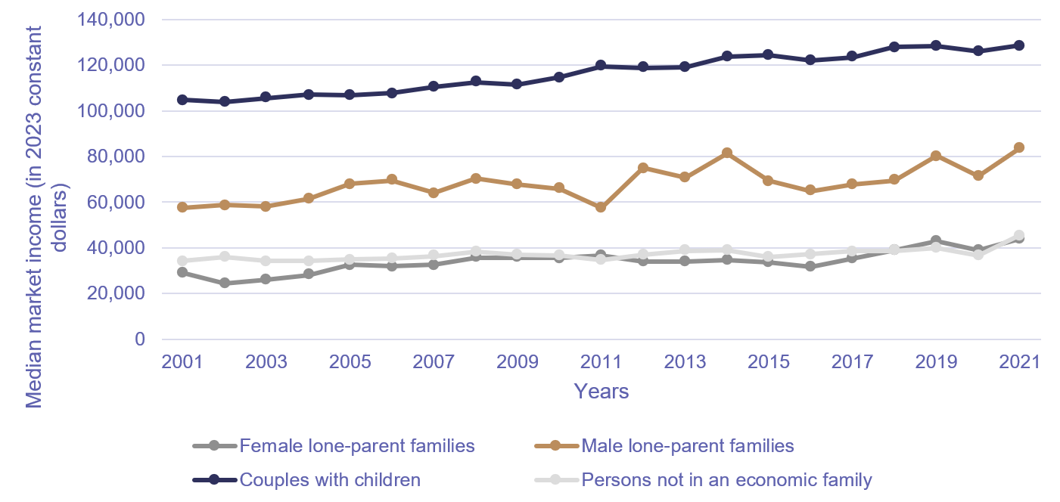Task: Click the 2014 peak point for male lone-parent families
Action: click(726, 153)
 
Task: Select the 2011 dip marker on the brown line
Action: click(601, 207)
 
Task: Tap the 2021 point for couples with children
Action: click(1018, 45)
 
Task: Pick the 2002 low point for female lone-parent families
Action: click(224, 283)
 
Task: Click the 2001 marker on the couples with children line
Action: click(182, 100)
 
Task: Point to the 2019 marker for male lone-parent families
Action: click(935, 156)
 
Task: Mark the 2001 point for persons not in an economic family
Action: click(182, 260)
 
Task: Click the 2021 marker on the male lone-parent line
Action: click(1018, 147)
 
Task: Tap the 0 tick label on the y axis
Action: click(139, 339)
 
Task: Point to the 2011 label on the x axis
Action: click(601, 361)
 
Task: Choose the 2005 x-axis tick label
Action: click(350, 361)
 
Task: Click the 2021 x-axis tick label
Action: click(1018, 361)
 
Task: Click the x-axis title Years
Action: click(601, 391)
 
